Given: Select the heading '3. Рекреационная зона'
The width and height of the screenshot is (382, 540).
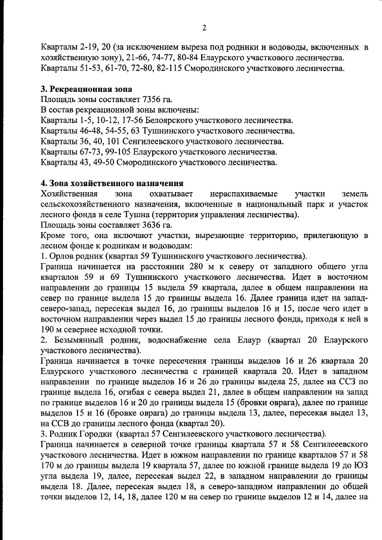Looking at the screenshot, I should pyautogui.click(x=82, y=89).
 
